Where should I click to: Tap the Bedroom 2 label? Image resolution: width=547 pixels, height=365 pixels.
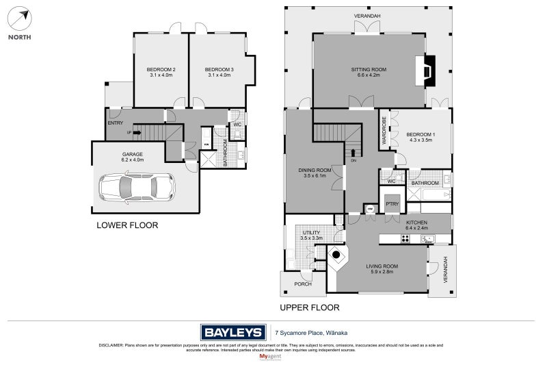coord(161,72)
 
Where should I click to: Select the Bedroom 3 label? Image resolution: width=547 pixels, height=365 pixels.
coord(219,72)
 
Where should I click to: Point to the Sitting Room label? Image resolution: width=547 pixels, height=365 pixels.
coord(369,72)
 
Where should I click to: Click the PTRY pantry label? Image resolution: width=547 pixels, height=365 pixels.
coord(392,204)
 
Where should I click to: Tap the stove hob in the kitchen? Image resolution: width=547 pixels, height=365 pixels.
coord(405,238)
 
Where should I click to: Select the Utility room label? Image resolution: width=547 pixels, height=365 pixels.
coord(311,235)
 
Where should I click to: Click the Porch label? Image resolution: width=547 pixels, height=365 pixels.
coord(302,284)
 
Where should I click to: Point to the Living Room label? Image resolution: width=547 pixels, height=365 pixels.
coord(382,268)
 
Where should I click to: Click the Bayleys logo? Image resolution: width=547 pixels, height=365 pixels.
coord(232,333)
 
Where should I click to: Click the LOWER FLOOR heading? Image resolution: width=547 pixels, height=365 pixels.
coord(127,225)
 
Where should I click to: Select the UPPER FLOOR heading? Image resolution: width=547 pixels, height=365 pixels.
coord(309,307)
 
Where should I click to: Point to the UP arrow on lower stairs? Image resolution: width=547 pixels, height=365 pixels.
coord(137,133)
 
